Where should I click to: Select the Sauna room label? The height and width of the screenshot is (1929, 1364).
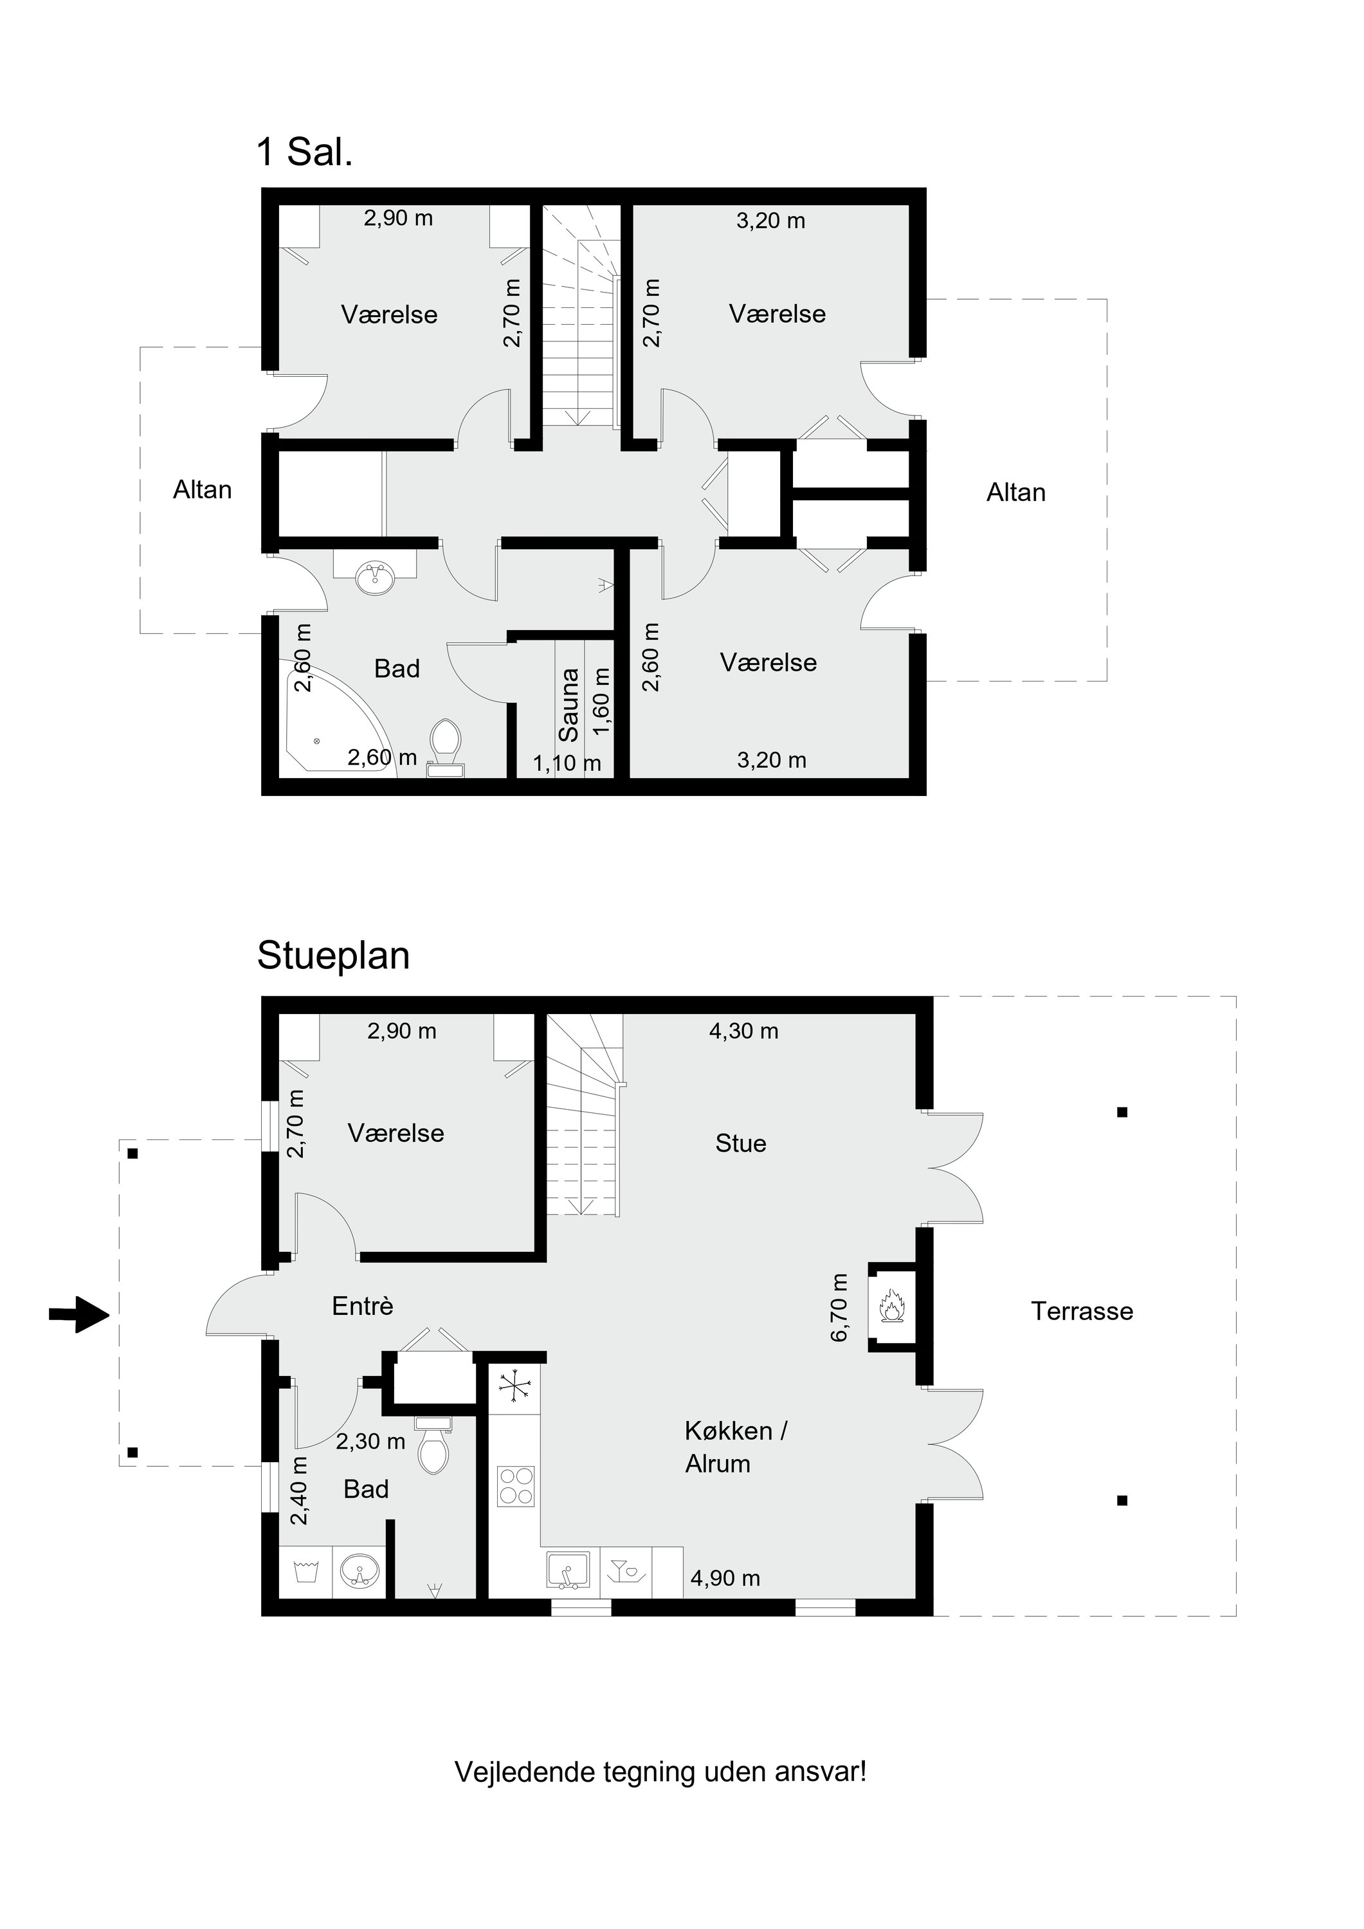569,705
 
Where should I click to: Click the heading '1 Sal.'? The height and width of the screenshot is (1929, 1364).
304,152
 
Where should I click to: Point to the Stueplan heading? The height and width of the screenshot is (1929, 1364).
334,956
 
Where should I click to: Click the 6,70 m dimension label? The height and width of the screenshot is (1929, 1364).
840,1308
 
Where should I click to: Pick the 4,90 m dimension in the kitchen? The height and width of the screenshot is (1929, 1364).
725,1579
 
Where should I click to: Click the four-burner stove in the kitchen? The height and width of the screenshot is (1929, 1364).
515,1485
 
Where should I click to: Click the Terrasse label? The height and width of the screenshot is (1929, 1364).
1082,1312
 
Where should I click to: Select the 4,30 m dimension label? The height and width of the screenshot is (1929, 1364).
744,1031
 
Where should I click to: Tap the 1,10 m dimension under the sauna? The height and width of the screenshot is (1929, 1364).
567,763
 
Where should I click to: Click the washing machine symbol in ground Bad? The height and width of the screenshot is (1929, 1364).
305,1570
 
